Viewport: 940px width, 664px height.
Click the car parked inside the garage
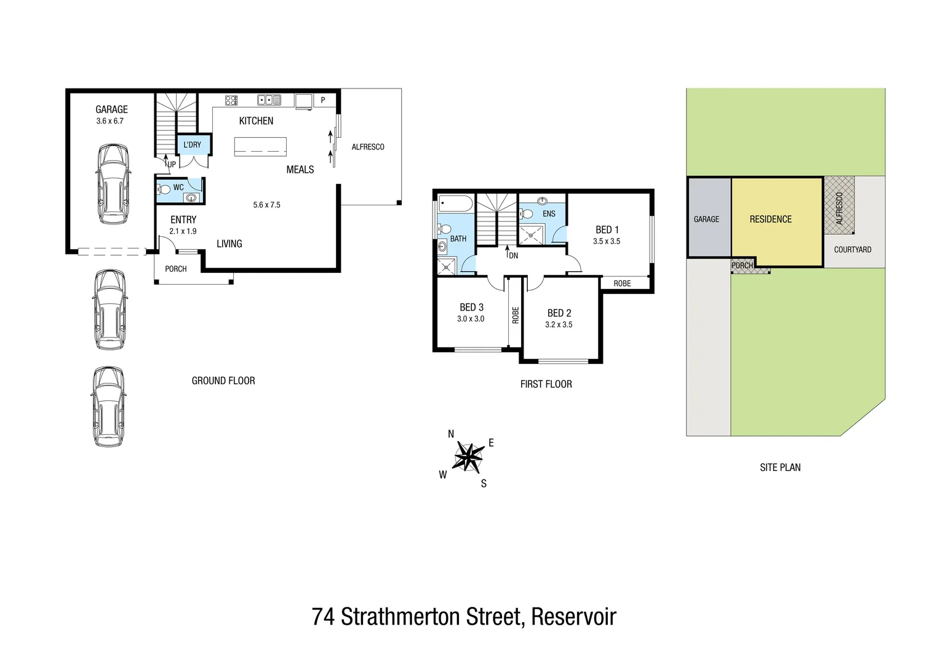[112, 184]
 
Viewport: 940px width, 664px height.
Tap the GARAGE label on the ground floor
[111, 109]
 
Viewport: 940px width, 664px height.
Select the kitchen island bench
[260, 147]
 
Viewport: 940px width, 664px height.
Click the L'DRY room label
[193, 144]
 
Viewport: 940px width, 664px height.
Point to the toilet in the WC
[164, 189]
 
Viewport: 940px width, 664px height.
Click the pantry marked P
[323, 100]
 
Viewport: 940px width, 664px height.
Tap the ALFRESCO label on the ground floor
[368, 147]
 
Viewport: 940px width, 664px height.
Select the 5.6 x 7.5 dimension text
[266, 205]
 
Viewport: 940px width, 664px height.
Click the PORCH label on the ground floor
[176, 269]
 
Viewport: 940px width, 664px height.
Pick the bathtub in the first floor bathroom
[455, 204]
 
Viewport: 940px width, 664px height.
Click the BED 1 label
[607, 229]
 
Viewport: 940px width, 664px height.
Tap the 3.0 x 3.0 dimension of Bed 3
[471, 318]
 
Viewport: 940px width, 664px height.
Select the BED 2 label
[559, 313]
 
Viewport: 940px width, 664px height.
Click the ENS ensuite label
[549, 213]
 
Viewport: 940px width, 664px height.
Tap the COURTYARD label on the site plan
[852, 250]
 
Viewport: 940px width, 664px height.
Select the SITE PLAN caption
[780, 467]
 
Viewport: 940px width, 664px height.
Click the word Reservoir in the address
[573, 617]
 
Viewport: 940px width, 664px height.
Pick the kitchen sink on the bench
[269, 100]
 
